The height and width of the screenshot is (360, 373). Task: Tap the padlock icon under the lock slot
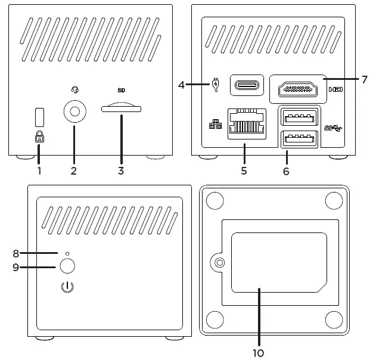[x=39, y=137]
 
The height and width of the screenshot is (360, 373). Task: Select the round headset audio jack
[x=74, y=111]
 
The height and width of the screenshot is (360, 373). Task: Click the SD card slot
[x=121, y=109]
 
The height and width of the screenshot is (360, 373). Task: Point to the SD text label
[x=121, y=91]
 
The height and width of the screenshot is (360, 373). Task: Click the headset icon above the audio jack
[x=74, y=91]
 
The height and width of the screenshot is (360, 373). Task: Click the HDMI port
[x=296, y=89]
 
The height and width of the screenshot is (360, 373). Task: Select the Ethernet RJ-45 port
[x=247, y=124]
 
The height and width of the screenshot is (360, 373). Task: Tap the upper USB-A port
[x=299, y=115]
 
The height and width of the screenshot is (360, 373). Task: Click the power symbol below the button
[x=68, y=288]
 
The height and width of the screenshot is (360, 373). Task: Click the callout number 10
[x=258, y=352]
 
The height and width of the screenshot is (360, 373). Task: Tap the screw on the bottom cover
[x=220, y=262]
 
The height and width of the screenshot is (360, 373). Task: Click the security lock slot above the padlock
[x=39, y=115]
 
